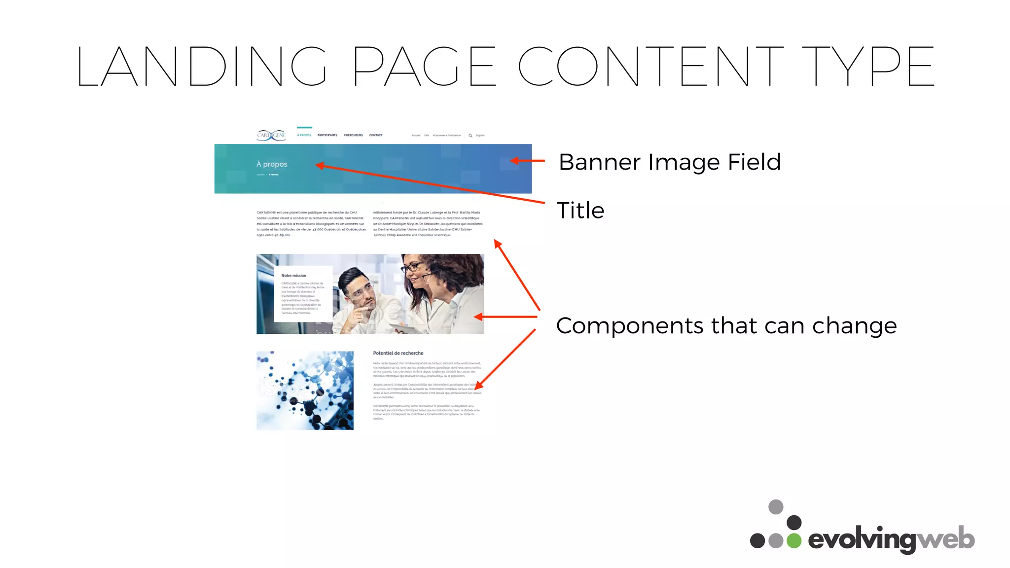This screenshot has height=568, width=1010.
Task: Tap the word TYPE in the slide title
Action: [868, 67]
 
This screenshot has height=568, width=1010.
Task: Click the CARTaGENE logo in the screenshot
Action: [271, 135]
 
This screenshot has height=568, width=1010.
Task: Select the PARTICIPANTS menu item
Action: [327, 135]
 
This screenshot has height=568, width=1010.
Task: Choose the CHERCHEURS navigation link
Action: [353, 135]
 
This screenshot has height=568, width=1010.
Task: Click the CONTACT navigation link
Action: [376, 135]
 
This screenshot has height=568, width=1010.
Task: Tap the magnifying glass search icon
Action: [470, 136]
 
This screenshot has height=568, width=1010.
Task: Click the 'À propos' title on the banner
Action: [272, 164]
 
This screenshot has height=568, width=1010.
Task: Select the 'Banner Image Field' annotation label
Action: [670, 162]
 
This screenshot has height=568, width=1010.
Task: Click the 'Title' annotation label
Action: [580, 211]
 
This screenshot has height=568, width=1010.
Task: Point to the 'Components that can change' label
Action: [726, 326]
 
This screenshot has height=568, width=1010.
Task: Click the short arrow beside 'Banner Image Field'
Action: [528, 161]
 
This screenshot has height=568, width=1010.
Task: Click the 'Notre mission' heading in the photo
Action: [293, 276]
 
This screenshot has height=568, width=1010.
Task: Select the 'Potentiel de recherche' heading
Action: [398, 353]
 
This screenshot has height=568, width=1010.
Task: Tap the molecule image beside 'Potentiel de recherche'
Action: [305, 390]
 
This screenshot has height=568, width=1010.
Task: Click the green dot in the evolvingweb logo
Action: [794, 540]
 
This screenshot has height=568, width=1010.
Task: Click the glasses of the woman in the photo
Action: [412, 268]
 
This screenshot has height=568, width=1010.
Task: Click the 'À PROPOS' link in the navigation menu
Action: [304, 135]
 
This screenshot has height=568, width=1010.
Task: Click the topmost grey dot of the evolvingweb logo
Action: [776, 507]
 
